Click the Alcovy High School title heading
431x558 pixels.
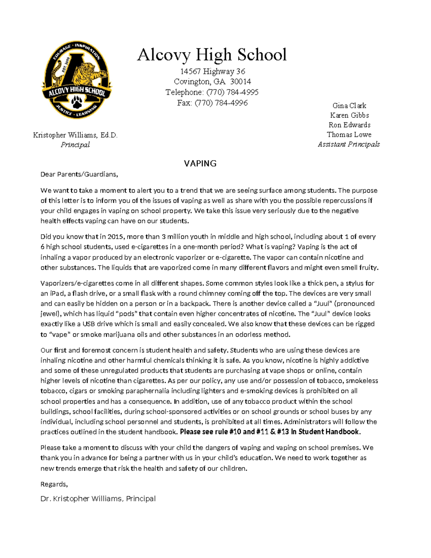pos(212,55)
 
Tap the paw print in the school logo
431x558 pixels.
pos(77,103)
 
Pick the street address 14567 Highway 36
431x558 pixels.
pos(213,72)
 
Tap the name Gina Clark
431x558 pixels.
pos(349,106)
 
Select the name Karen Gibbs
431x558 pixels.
pos(349,115)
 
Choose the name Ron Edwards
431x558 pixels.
pos(349,125)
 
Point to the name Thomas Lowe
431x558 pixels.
pos(349,135)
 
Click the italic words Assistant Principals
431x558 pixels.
pos(349,144)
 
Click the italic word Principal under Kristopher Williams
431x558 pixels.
pos(75,145)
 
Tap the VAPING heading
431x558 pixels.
pos(200,164)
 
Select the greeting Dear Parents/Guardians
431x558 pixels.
pos(79,175)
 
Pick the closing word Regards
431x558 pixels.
pos(54,484)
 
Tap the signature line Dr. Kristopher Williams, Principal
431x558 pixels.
pos(98,499)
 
